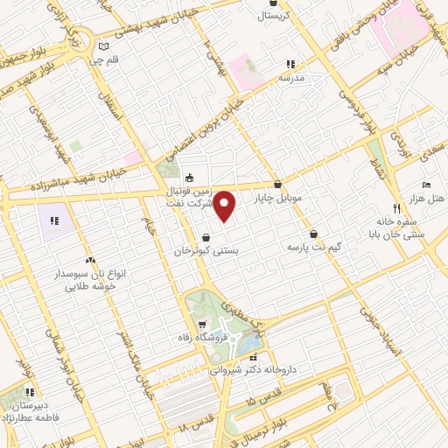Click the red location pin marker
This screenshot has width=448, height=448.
[226, 206]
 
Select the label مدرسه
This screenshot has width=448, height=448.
[290, 78]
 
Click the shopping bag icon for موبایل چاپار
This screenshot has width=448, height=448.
[277, 185]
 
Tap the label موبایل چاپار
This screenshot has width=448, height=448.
[277, 199]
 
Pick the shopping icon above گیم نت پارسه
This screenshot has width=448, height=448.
[313, 234]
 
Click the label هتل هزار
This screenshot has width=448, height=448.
[427, 199]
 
